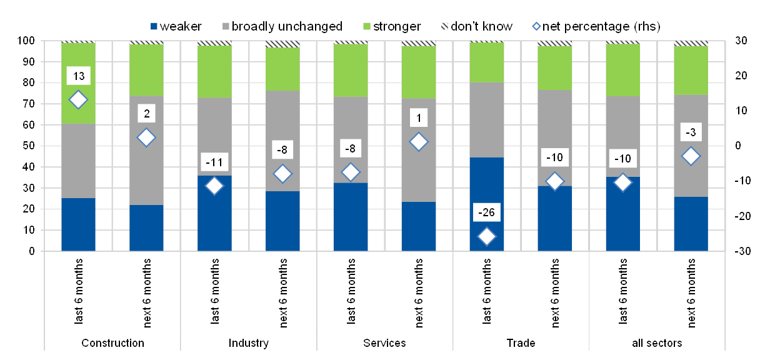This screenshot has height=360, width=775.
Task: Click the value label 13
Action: tap(78, 77)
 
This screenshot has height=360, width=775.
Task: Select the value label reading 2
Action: tap(146, 114)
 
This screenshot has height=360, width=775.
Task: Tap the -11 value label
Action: tap(214, 162)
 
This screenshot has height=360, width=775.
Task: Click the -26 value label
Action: tap(487, 212)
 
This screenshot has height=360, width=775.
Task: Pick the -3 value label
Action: tap(691, 132)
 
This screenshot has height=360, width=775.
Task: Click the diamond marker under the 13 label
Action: tap(78, 99)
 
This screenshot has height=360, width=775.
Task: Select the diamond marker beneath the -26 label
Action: tap(487, 236)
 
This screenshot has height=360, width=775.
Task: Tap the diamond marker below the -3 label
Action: tap(691, 156)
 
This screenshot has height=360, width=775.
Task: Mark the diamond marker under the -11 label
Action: tap(214, 186)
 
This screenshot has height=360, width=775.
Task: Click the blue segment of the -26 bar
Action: tap(487, 194)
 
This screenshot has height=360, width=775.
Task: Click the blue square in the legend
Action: tap(154, 26)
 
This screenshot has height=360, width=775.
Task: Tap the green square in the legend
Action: tap(367, 26)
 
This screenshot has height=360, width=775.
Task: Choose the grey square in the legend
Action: tap(226, 26)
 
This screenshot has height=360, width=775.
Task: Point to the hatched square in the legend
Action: tap(446, 26)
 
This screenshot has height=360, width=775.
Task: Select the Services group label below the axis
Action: tap(384, 343)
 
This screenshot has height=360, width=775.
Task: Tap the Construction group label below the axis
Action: tap(112, 343)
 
